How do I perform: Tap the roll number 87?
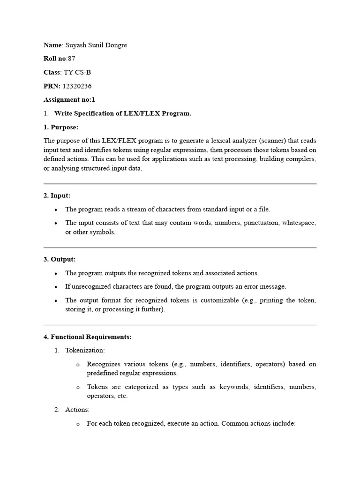tap(71, 59)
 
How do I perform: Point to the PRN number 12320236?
tap(77, 86)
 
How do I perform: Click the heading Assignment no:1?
tap(69, 99)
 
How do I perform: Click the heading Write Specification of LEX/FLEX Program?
tap(123, 113)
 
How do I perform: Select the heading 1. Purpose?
tap(61, 127)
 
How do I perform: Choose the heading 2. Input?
tap(57, 195)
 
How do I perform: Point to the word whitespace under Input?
tap(299, 223)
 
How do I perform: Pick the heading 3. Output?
tap(59, 259)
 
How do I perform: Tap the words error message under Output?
tap(267, 286)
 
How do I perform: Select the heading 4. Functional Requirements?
tap(88, 337)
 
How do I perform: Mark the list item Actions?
tap(77, 409)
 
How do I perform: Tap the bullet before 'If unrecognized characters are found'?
tap(56, 286)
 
